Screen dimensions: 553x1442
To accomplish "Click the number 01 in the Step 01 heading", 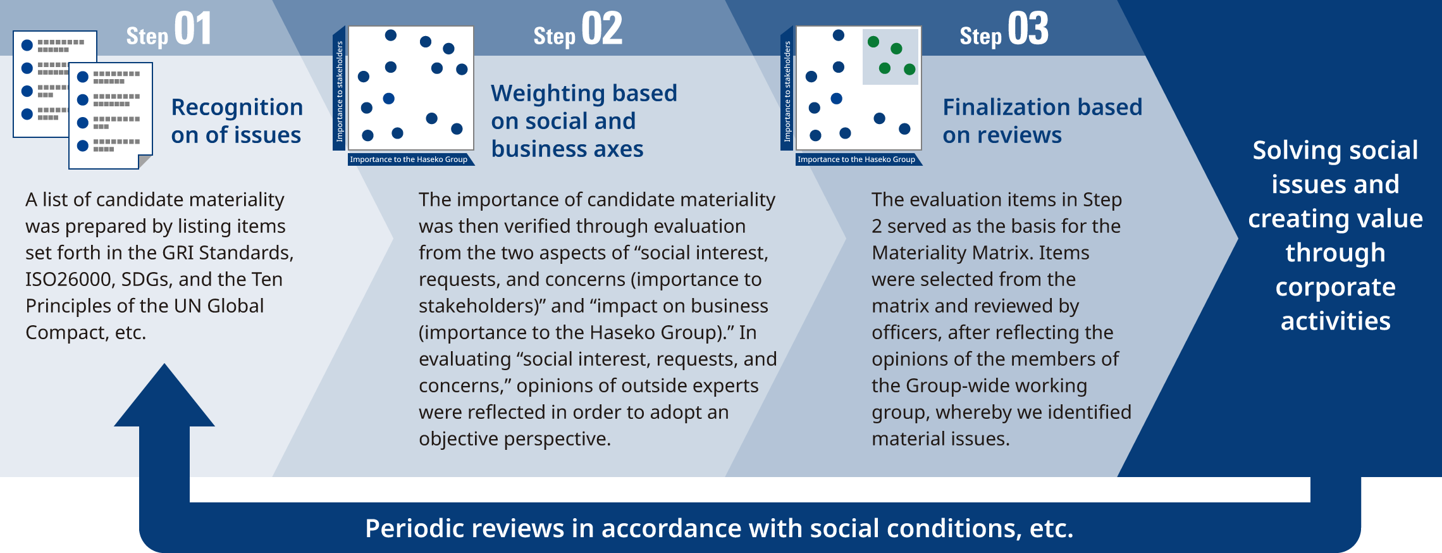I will point(192,30).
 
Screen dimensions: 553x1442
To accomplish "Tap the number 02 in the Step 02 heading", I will point(601,30).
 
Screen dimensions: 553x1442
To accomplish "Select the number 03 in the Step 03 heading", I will point(1028,30).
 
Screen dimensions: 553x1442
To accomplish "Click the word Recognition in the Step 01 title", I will point(237,108).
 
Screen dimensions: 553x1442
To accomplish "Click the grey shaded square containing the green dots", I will point(890,57).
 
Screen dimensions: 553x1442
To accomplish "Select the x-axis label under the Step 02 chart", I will point(409,159).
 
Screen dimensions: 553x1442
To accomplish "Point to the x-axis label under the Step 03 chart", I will point(856,159).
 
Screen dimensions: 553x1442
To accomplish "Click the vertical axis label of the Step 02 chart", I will point(340,91).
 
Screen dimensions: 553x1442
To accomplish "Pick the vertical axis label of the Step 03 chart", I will point(787,91).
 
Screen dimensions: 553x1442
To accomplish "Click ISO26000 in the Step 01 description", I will point(68,280).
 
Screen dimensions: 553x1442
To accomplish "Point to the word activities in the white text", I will point(1335,321).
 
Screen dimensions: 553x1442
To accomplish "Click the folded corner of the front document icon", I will point(145,162).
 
